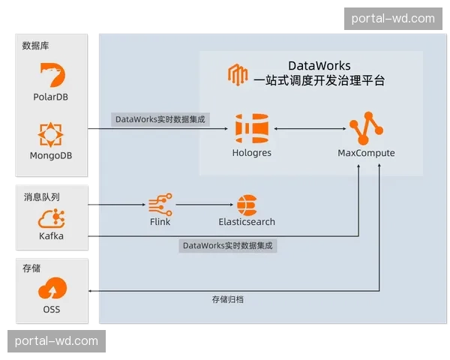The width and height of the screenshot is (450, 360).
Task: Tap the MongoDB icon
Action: pos(51,134)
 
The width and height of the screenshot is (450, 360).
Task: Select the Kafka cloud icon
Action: pos(51,219)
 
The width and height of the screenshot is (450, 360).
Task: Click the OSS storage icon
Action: pos(51,288)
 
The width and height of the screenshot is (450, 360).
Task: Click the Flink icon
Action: pos(160,204)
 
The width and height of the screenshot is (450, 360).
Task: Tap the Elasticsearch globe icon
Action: pos(246,205)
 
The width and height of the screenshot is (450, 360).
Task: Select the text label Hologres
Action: pos(251,153)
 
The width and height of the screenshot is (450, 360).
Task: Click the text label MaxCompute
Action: pos(366,153)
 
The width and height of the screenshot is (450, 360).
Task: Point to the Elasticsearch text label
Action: pos(247,222)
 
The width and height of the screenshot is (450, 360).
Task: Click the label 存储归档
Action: pos(227,299)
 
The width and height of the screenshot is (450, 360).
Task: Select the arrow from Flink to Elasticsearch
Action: pos(202,205)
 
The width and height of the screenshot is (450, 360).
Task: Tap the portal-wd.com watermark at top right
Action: pos(393,18)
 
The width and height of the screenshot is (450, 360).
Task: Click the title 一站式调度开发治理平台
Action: pos(319,81)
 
